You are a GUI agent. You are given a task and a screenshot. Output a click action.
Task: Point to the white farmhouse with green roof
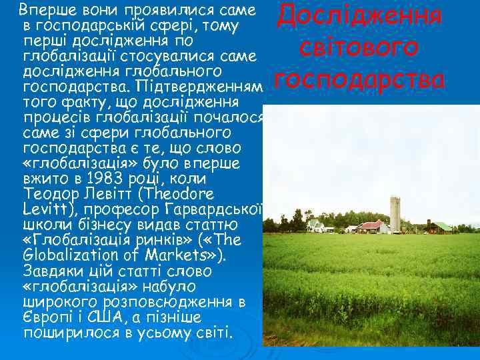click(x=316, y=225)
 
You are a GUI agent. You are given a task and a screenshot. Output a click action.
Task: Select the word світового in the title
click(x=359, y=49)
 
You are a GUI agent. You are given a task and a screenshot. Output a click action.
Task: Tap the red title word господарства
click(x=359, y=80)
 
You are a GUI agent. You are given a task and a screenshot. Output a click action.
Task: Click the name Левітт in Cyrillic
click(x=93, y=195)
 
